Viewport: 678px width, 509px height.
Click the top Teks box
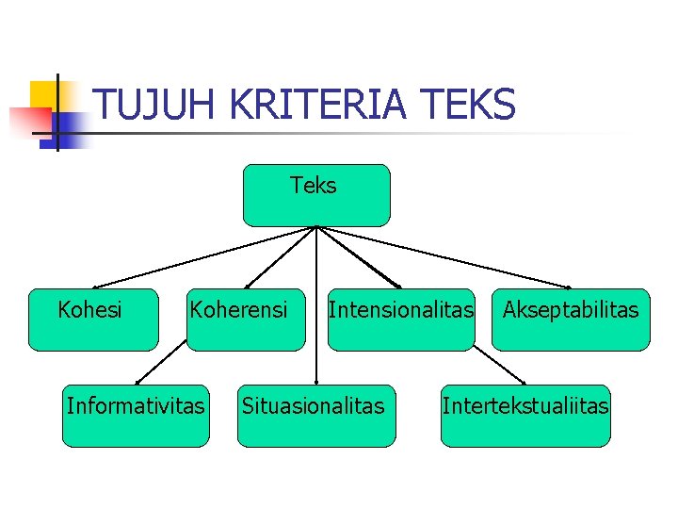pos(315,195)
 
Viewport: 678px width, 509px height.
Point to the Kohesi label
pos(90,309)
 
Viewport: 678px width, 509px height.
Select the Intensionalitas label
pos(400,309)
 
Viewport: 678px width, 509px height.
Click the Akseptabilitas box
pos(571,320)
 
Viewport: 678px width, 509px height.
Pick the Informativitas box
pos(135,416)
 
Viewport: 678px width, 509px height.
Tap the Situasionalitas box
pos(315,416)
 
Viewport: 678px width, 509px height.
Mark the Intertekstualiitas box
pos(526,416)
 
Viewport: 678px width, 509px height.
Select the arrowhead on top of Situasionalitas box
pos(315,381)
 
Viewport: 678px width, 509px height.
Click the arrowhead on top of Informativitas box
pos(137,381)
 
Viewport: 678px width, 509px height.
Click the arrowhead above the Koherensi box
pos(248,285)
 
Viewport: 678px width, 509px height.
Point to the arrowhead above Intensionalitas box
pos(398,286)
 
